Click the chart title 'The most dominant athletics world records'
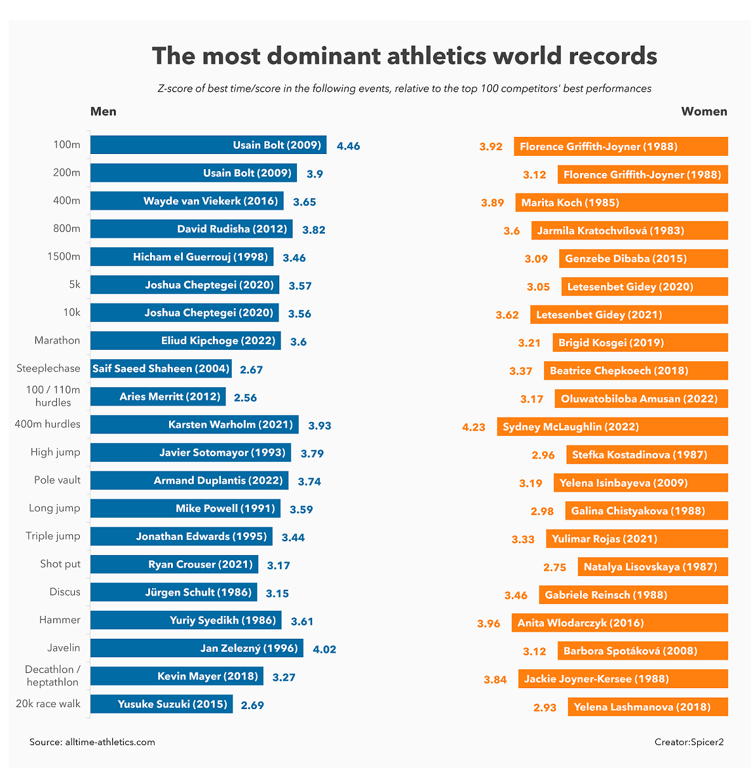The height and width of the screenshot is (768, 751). (x=404, y=56)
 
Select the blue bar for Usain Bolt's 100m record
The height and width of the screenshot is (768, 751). (x=208, y=145)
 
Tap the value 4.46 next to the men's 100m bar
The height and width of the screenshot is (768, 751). (x=348, y=146)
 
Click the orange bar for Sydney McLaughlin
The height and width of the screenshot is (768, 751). (x=612, y=426)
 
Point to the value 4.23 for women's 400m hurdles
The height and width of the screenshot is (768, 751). (x=474, y=427)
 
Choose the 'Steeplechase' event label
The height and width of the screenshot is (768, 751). (x=48, y=368)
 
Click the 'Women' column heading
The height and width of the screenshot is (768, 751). (x=704, y=112)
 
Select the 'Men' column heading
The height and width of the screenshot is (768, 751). (x=103, y=112)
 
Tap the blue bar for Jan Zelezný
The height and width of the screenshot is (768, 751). (x=197, y=648)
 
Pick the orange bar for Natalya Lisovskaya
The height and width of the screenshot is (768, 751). (x=653, y=566)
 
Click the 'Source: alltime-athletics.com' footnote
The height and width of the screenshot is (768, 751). (x=92, y=742)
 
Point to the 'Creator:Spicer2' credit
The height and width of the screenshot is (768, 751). (x=689, y=742)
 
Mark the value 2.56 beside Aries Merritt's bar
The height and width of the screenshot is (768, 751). (x=245, y=398)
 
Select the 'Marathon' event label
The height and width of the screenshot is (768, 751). (x=57, y=340)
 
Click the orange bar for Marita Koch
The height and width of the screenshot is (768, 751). (x=622, y=203)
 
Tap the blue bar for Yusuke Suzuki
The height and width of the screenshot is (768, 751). (x=161, y=704)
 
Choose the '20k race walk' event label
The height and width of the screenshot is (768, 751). (x=48, y=703)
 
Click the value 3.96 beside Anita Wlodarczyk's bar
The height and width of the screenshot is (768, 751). (x=489, y=624)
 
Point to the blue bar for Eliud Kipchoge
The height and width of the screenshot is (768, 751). (x=186, y=340)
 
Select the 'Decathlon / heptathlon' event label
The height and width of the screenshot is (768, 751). (x=53, y=675)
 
